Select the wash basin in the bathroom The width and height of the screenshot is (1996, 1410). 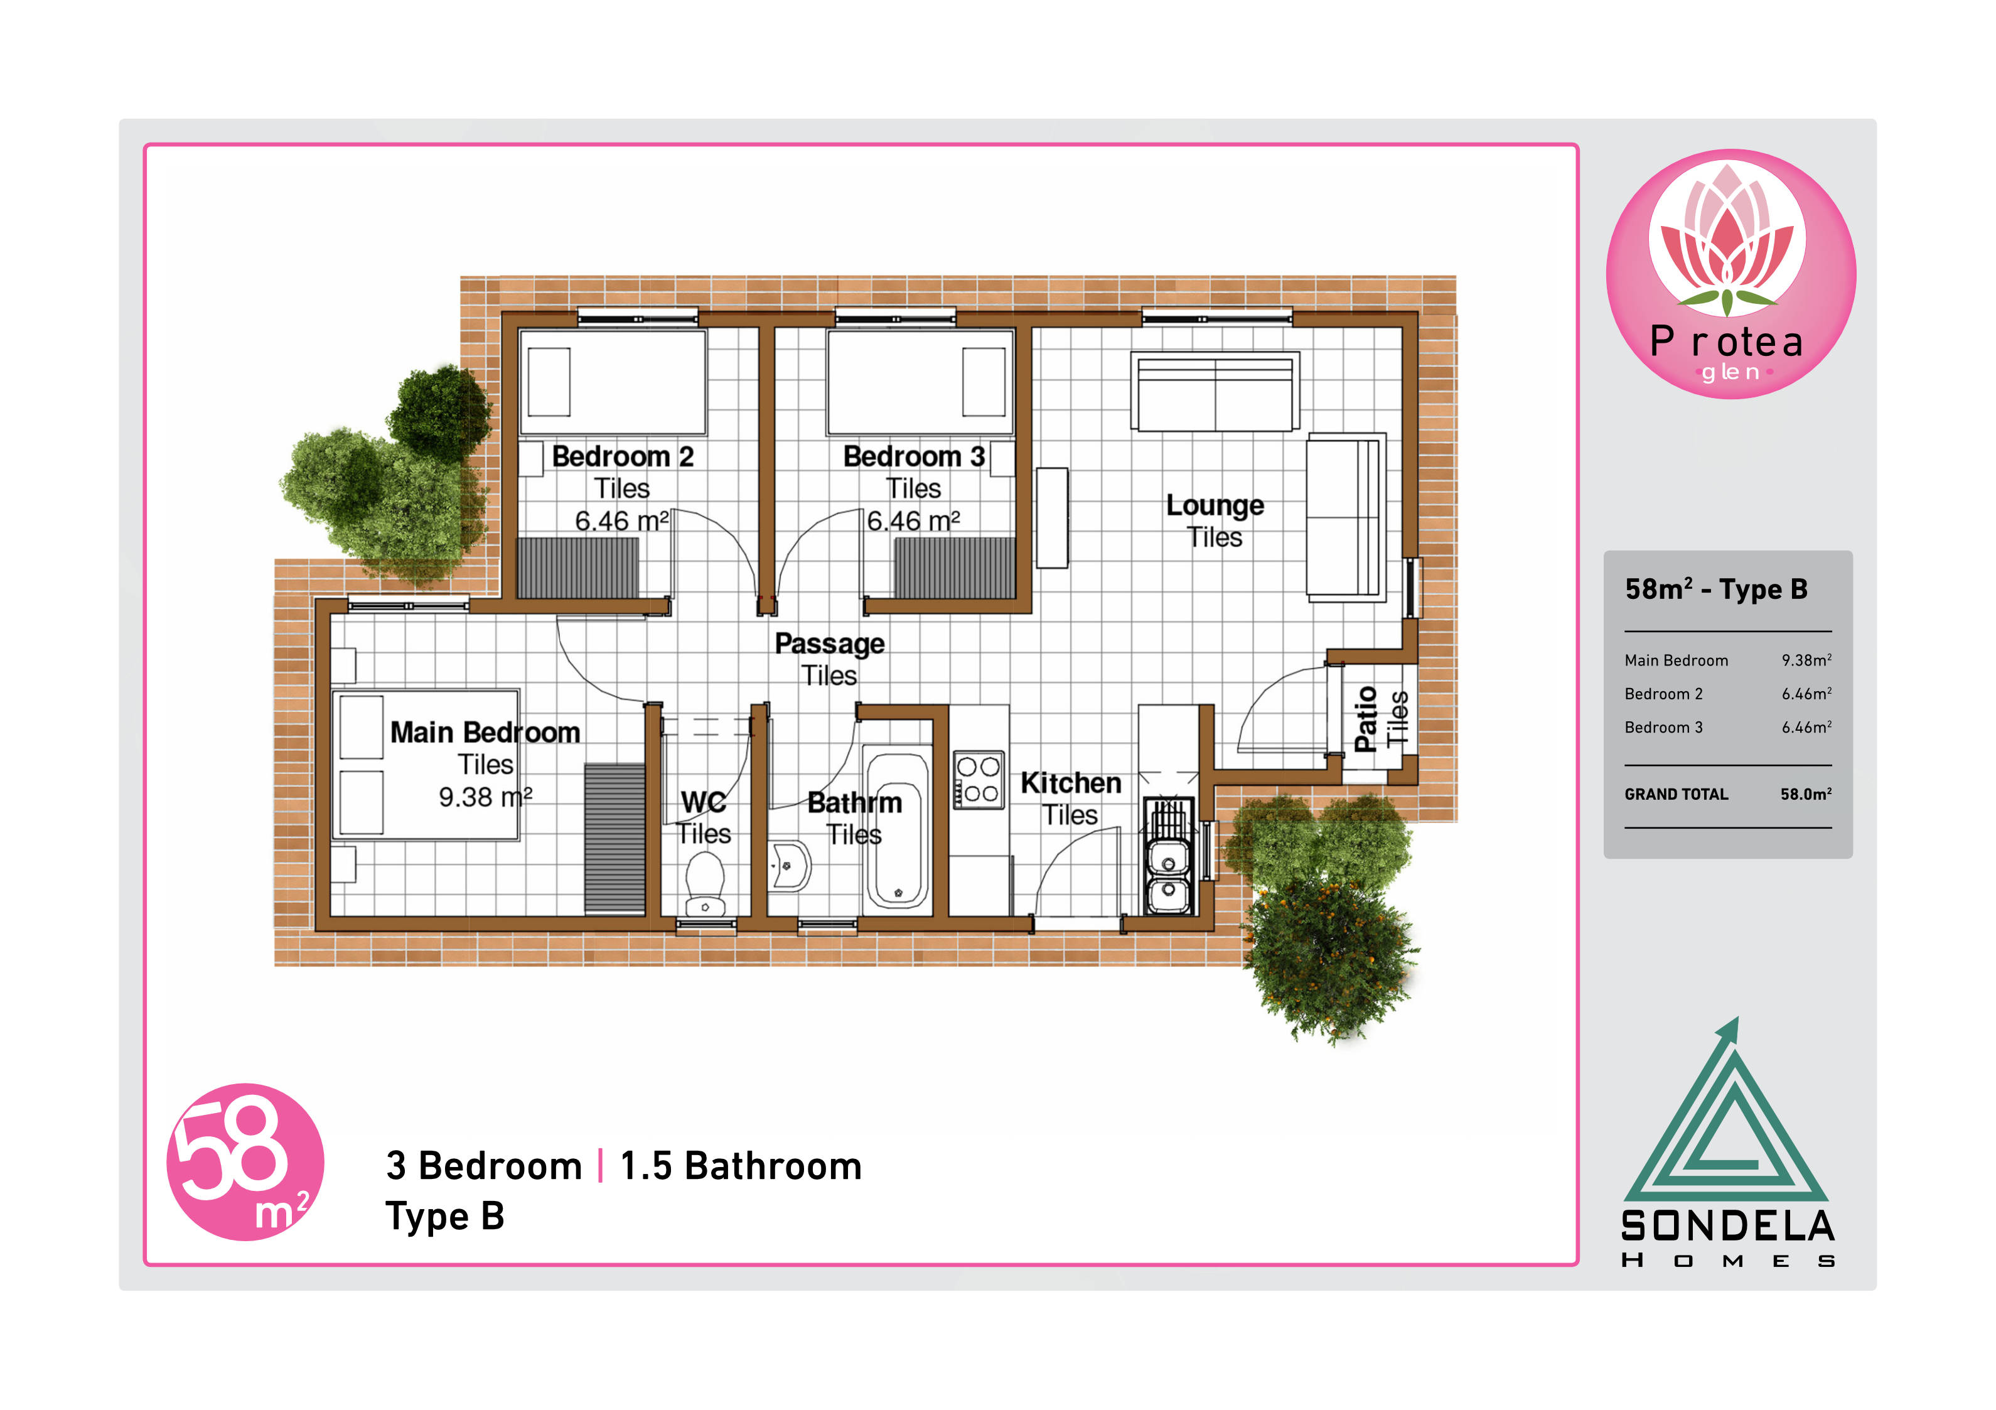(x=790, y=866)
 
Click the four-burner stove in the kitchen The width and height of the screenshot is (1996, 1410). (x=979, y=780)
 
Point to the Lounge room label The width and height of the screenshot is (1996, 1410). (x=1215, y=505)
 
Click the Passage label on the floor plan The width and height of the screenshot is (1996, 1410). (x=829, y=643)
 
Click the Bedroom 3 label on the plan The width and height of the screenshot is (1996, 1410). (x=914, y=456)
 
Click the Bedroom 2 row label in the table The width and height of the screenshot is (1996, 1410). (x=1663, y=694)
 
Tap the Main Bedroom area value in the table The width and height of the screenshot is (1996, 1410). (x=1806, y=660)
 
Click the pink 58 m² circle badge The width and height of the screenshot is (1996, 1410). (x=245, y=1161)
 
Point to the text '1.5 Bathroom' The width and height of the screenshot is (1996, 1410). (x=741, y=1166)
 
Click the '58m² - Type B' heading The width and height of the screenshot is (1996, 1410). (x=1716, y=589)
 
